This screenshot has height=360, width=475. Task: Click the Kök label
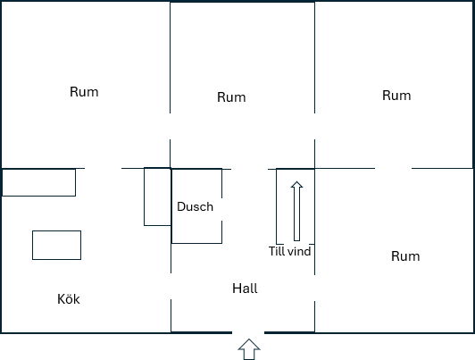coord(69,299)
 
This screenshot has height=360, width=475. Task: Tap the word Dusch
coord(195,206)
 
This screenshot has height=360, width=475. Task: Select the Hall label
coord(245,289)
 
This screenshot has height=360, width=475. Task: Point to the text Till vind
coord(289,251)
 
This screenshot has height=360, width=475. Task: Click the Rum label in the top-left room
coord(84,92)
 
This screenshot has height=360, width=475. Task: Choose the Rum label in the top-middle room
coord(231,97)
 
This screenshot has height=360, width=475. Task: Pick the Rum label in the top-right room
coord(396,96)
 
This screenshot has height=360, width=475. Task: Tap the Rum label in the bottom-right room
coord(405,256)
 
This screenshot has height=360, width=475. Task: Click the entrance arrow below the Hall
coord(249,349)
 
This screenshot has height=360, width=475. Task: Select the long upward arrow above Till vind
coord(296,211)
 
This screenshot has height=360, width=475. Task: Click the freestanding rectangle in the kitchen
coord(56,245)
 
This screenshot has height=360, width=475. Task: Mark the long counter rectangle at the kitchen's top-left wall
coord(38,182)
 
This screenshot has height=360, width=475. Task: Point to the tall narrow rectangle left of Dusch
coord(157,197)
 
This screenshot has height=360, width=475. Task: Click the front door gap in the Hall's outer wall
coord(248,332)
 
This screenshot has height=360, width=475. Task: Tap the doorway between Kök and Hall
coord(171,287)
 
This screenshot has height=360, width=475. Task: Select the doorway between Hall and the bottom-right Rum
coord(315,289)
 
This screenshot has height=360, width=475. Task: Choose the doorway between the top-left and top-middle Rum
coord(170,126)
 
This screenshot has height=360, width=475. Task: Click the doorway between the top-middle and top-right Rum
coord(315,126)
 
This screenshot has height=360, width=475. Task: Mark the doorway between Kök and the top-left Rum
coord(103,168)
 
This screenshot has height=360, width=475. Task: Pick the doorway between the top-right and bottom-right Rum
coord(393,168)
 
